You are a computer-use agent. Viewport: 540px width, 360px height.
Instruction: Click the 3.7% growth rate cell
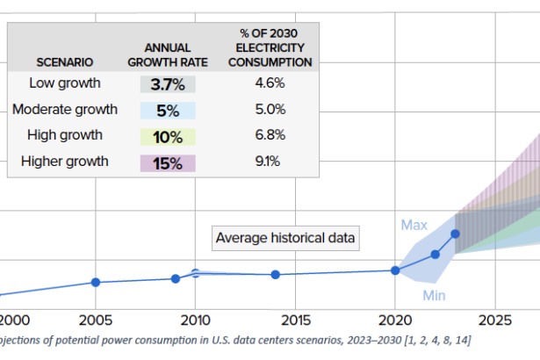[168, 84]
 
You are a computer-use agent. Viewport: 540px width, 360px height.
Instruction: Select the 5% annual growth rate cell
[168, 111]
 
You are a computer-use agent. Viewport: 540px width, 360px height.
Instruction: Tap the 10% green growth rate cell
[168, 136]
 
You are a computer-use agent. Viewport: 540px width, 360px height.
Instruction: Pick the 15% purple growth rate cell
[168, 162]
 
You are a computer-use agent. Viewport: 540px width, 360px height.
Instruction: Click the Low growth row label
[65, 83]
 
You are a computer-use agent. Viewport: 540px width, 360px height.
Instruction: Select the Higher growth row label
[65, 162]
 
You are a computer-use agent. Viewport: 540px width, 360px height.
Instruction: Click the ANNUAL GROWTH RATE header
[168, 55]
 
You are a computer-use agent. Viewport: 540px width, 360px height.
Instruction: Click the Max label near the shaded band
[414, 225]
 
